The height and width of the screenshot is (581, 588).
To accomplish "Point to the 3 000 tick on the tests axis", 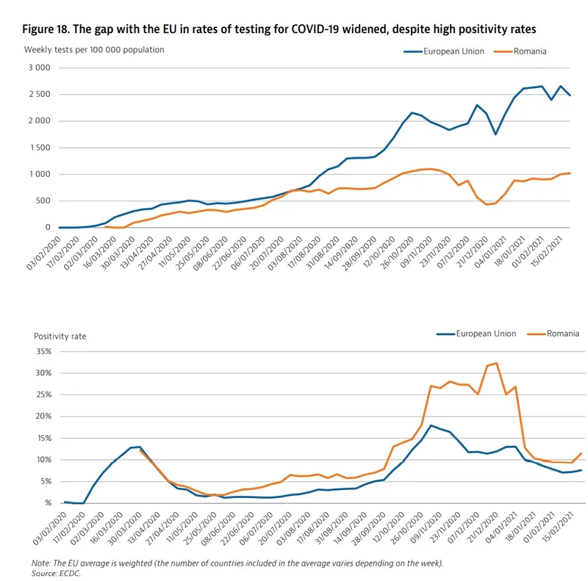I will (37, 68).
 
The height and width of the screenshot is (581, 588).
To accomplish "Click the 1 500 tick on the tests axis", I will (37, 148).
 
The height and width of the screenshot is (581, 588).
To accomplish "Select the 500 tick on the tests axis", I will (42, 201).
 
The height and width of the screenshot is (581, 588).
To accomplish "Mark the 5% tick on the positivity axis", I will (44, 481).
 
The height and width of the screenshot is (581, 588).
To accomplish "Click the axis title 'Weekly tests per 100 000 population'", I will (94, 50).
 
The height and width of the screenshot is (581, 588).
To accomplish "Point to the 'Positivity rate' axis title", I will (60, 336).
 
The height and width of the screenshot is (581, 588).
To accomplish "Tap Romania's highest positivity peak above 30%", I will (496, 363).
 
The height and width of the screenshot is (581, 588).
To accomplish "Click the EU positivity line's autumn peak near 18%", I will (431, 425).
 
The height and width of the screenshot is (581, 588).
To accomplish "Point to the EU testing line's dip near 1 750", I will (496, 134).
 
